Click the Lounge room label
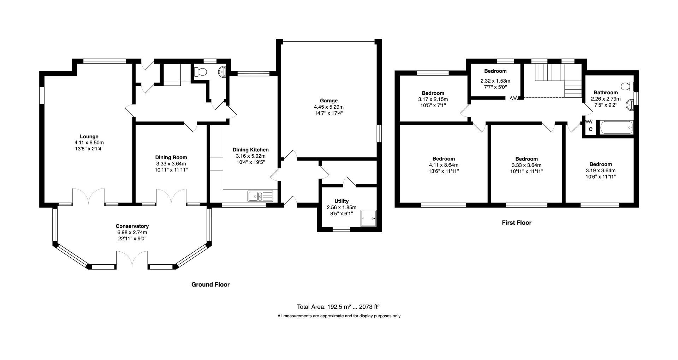coord(89,137)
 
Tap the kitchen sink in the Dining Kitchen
coord(260,196)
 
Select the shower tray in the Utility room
coord(368,218)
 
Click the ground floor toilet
coord(201,72)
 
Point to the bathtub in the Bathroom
coord(616,127)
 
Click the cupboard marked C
coord(590,130)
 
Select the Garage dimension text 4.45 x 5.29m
coord(328,107)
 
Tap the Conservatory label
coord(132,226)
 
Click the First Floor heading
coord(516,223)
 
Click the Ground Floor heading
coord(210,284)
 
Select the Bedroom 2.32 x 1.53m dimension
coord(495,81)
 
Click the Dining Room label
coord(171,157)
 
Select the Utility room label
coord(341,201)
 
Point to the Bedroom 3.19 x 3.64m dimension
coord(600,170)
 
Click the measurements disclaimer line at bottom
coord(339,316)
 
